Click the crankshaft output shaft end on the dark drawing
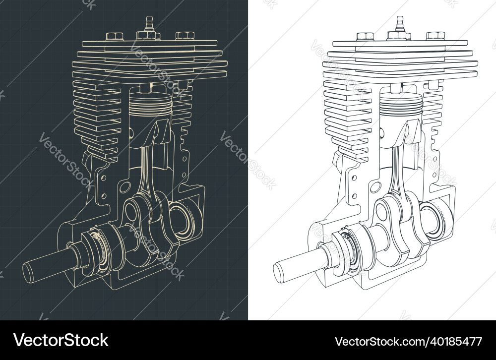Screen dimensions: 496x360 point(28,273)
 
